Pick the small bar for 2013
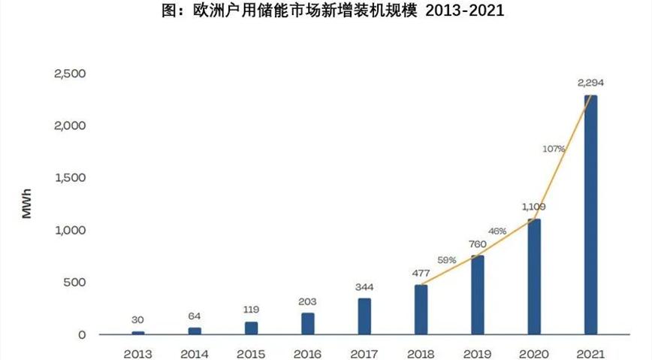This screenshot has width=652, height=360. [138, 332]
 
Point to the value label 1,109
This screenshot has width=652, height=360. [534, 206]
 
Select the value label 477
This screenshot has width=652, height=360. [421, 273]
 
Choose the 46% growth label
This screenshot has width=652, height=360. [497, 231]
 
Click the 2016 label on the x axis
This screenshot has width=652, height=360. [308, 352]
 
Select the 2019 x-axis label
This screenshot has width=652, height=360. [477, 352]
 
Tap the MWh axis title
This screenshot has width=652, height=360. [27, 204]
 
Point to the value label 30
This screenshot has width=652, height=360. [138, 319]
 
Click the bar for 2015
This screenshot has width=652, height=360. [252, 328]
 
